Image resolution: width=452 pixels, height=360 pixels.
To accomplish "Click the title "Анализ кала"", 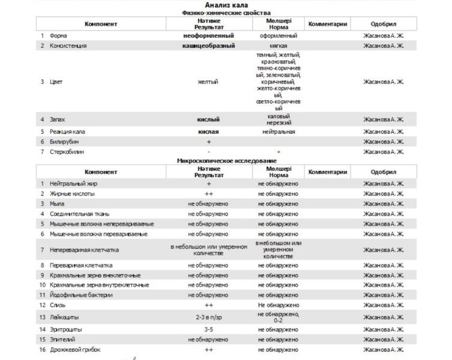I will point(226,5).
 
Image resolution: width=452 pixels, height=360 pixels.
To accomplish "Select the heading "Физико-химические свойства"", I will point(226,13).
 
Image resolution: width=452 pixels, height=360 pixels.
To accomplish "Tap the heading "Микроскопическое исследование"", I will point(226,161).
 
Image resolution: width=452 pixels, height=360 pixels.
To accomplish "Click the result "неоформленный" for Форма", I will point(208,35).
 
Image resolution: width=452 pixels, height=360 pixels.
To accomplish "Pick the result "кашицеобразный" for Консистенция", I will point(208,46).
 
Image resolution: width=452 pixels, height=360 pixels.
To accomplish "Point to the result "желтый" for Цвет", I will point(208,82).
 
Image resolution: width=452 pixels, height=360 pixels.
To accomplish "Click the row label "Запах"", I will point(58,119).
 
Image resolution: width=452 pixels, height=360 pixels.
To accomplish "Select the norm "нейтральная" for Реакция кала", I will point(279,131).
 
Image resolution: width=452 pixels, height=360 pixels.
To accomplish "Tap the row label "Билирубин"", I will point(63,142).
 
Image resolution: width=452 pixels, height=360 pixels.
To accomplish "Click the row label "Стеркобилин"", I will point(67,152).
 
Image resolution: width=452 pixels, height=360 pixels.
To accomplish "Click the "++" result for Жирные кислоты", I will point(208,194).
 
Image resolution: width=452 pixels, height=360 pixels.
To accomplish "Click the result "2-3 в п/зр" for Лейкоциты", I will point(208,317).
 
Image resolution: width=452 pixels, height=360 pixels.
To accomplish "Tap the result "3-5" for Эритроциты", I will point(208,329).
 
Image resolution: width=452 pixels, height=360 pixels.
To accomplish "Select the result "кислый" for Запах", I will point(208,119).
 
